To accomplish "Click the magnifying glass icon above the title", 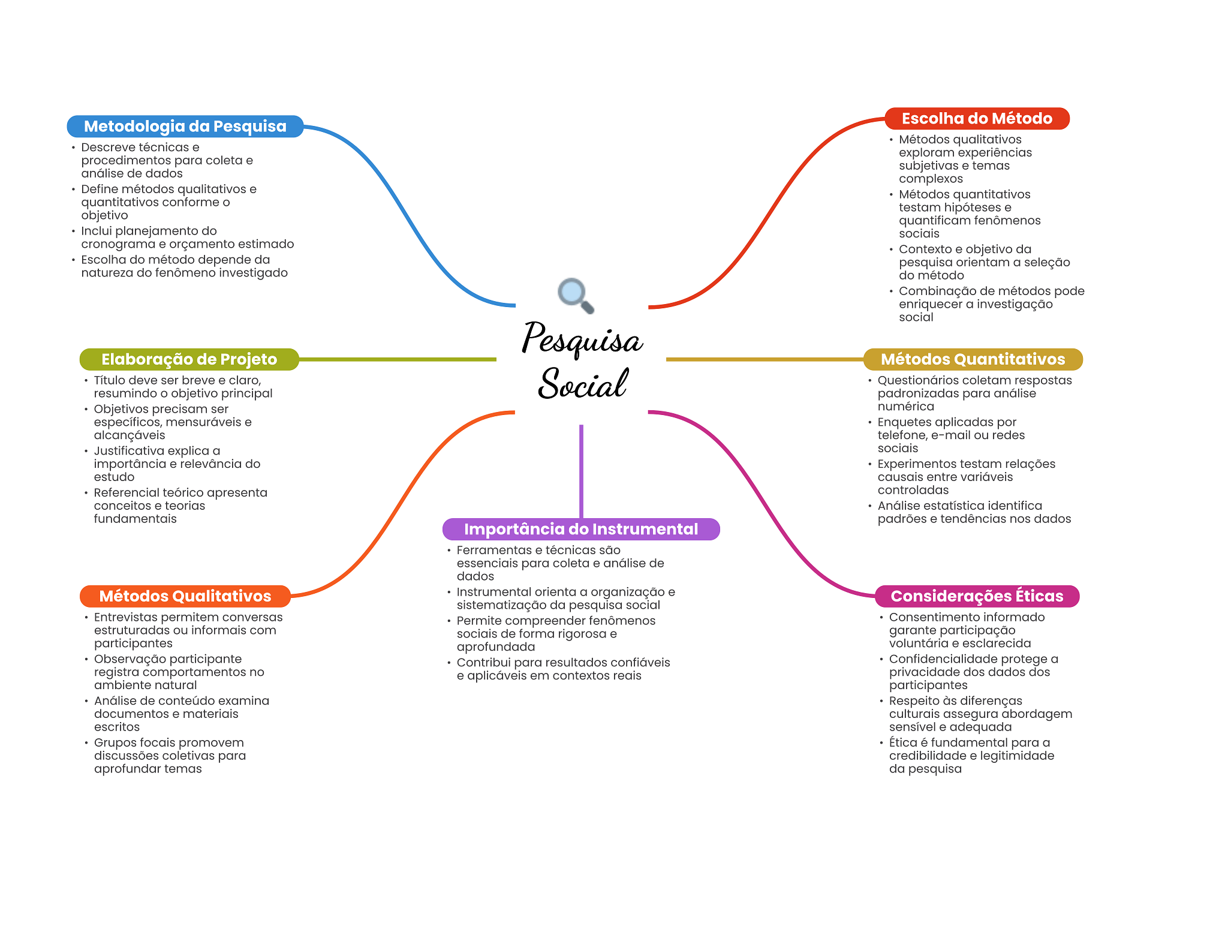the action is pyautogui.click(x=576, y=296).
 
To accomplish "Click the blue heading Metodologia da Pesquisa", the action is pyautogui.click(x=185, y=127).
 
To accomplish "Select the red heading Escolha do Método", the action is pyautogui.click(x=977, y=119).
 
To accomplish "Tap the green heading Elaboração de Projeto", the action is pyautogui.click(x=189, y=359).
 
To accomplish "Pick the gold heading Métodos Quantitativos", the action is pyautogui.click(x=973, y=359).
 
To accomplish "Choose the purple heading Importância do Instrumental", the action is pyautogui.click(x=581, y=529).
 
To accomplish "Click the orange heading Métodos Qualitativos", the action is pyautogui.click(x=185, y=596).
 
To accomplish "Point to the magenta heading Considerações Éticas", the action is pyautogui.click(x=977, y=596).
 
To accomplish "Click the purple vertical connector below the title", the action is pyautogui.click(x=581, y=471).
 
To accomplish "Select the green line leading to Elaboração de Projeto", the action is pyautogui.click(x=398, y=359).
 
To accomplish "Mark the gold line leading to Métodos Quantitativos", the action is pyautogui.click(x=765, y=359).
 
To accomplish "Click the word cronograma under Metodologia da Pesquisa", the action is pyautogui.click(x=118, y=244).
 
